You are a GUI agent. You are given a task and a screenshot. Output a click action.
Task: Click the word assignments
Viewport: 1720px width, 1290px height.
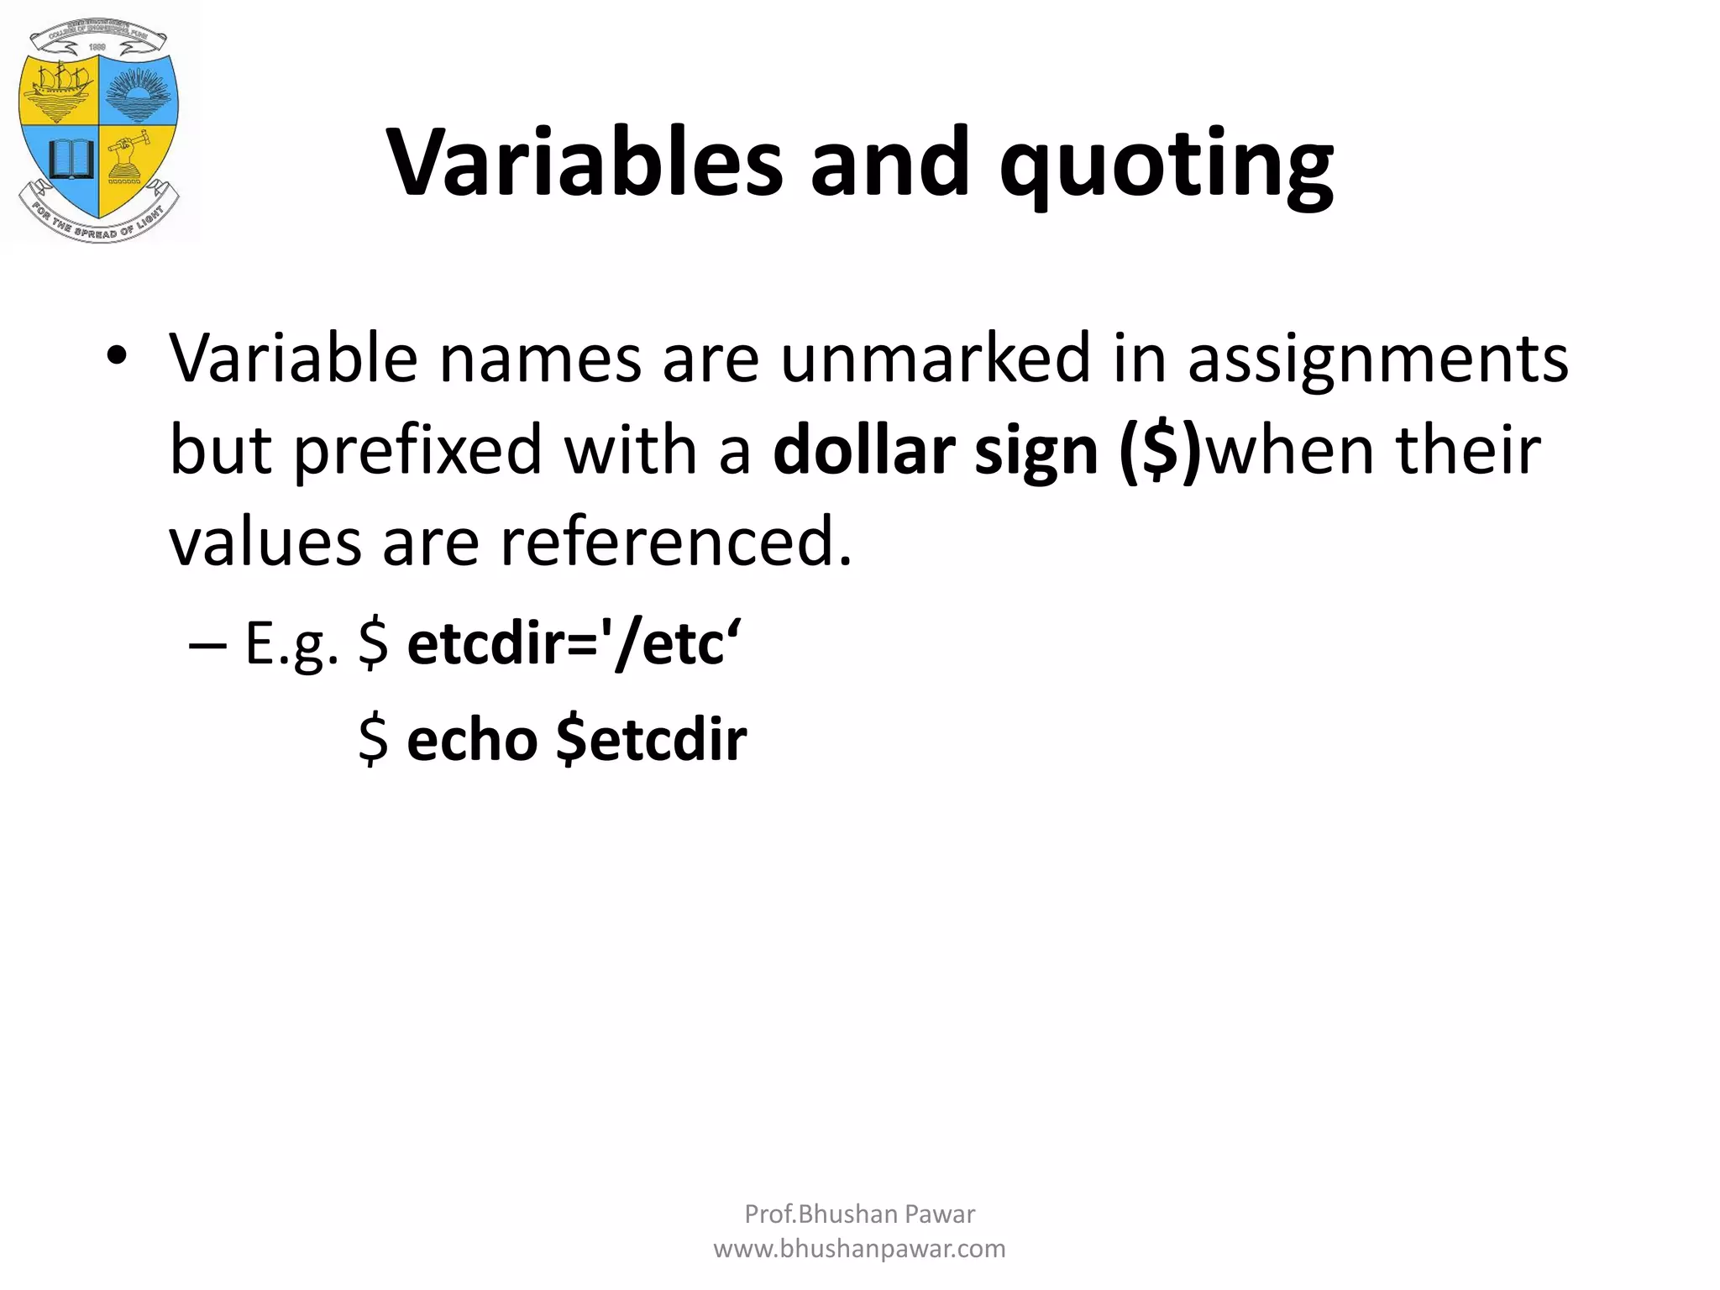click(x=1377, y=359)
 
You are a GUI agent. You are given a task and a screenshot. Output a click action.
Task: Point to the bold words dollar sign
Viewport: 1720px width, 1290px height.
click(x=935, y=450)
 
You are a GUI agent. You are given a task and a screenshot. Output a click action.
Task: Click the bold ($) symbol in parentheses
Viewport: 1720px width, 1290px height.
click(x=1161, y=450)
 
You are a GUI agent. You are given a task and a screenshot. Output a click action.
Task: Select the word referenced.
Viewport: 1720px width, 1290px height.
click(x=676, y=542)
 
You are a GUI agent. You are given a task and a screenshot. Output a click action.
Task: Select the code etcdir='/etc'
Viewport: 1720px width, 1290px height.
click(x=573, y=645)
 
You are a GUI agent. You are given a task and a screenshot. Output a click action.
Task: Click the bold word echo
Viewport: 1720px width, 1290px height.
click(x=472, y=740)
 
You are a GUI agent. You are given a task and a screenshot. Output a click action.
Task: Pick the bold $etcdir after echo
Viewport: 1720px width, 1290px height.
click(x=652, y=740)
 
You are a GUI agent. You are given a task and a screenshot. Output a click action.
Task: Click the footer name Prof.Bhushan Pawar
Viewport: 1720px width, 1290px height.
click(x=859, y=1214)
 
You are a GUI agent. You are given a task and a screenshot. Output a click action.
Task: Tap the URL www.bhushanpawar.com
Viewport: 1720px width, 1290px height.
click(x=859, y=1249)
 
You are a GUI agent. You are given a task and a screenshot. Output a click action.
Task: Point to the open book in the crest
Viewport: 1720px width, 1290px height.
click(x=70, y=159)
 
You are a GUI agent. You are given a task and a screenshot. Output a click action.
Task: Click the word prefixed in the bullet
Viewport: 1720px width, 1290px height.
click(x=417, y=450)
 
